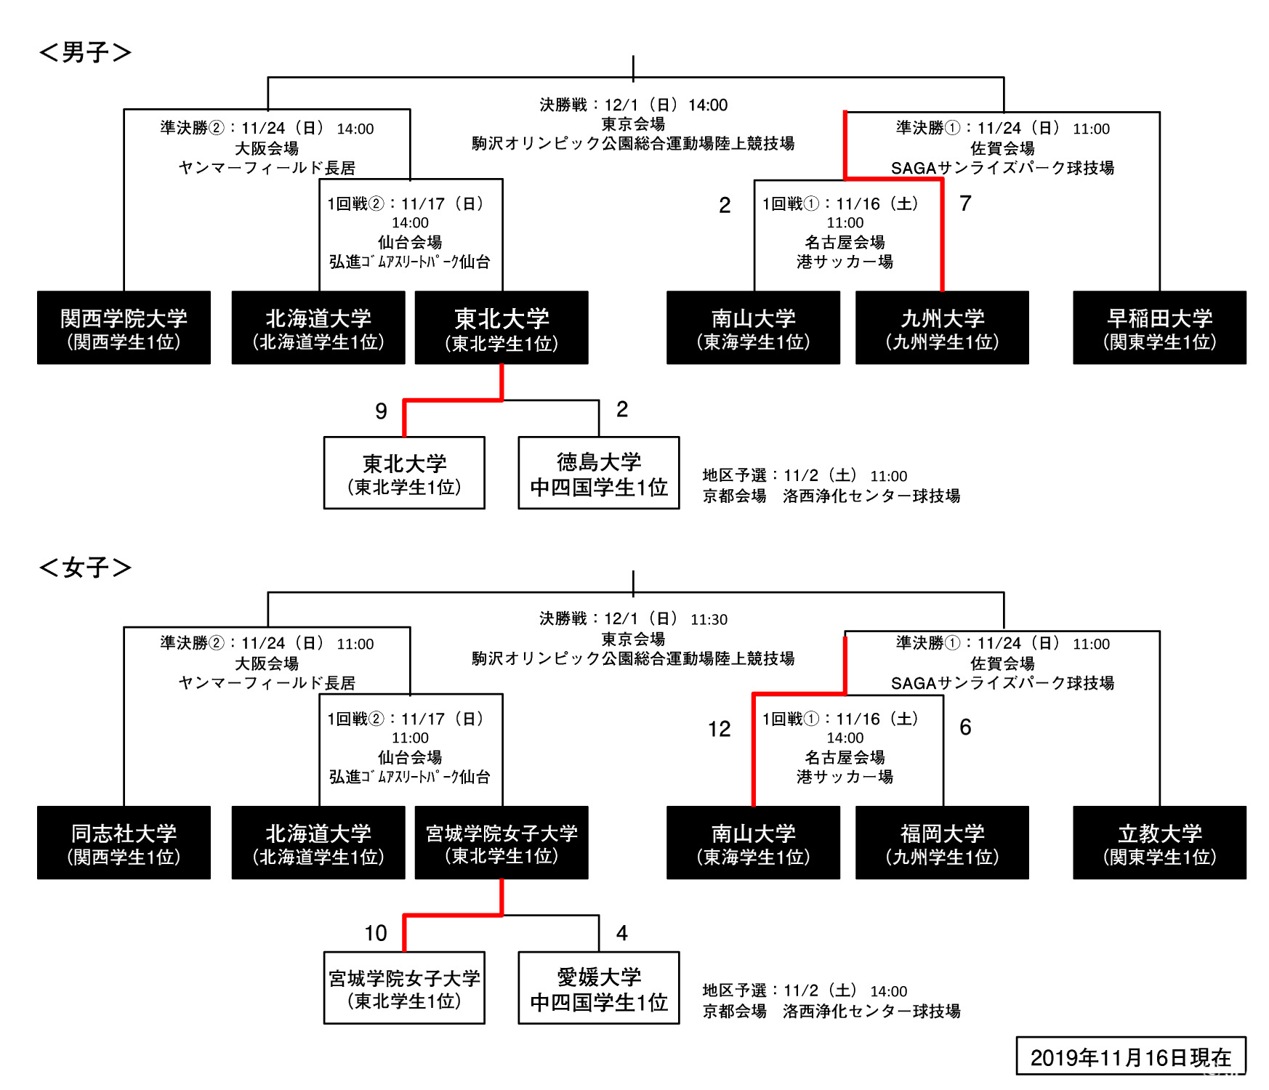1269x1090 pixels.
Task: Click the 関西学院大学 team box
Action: [x=124, y=328]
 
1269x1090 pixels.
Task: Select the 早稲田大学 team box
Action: [x=1159, y=328]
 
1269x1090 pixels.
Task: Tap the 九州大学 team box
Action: [x=942, y=328]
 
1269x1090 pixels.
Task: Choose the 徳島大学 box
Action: [x=598, y=473]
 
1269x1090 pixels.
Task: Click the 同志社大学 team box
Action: [x=124, y=843]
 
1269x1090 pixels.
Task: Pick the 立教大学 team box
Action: [x=1159, y=843]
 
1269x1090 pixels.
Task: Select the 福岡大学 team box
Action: [x=942, y=843]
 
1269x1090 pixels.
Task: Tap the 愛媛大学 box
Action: [x=598, y=988]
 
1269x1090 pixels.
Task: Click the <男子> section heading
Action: [x=85, y=52]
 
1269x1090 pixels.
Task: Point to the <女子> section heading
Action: [x=85, y=568]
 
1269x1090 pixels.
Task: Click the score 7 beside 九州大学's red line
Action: [x=965, y=203]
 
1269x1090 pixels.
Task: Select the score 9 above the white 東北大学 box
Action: [x=381, y=411]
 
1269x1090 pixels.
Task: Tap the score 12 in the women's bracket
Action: [x=719, y=729]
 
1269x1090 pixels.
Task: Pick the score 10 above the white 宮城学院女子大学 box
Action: [x=375, y=933]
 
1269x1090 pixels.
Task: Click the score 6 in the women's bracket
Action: [x=965, y=727]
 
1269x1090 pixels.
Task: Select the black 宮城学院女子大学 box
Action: [x=501, y=843]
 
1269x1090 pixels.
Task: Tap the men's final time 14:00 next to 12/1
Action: [x=708, y=105]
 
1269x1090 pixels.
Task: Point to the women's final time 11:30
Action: [x=709, y=620]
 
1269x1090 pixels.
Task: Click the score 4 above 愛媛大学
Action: [x=621, y=932]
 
